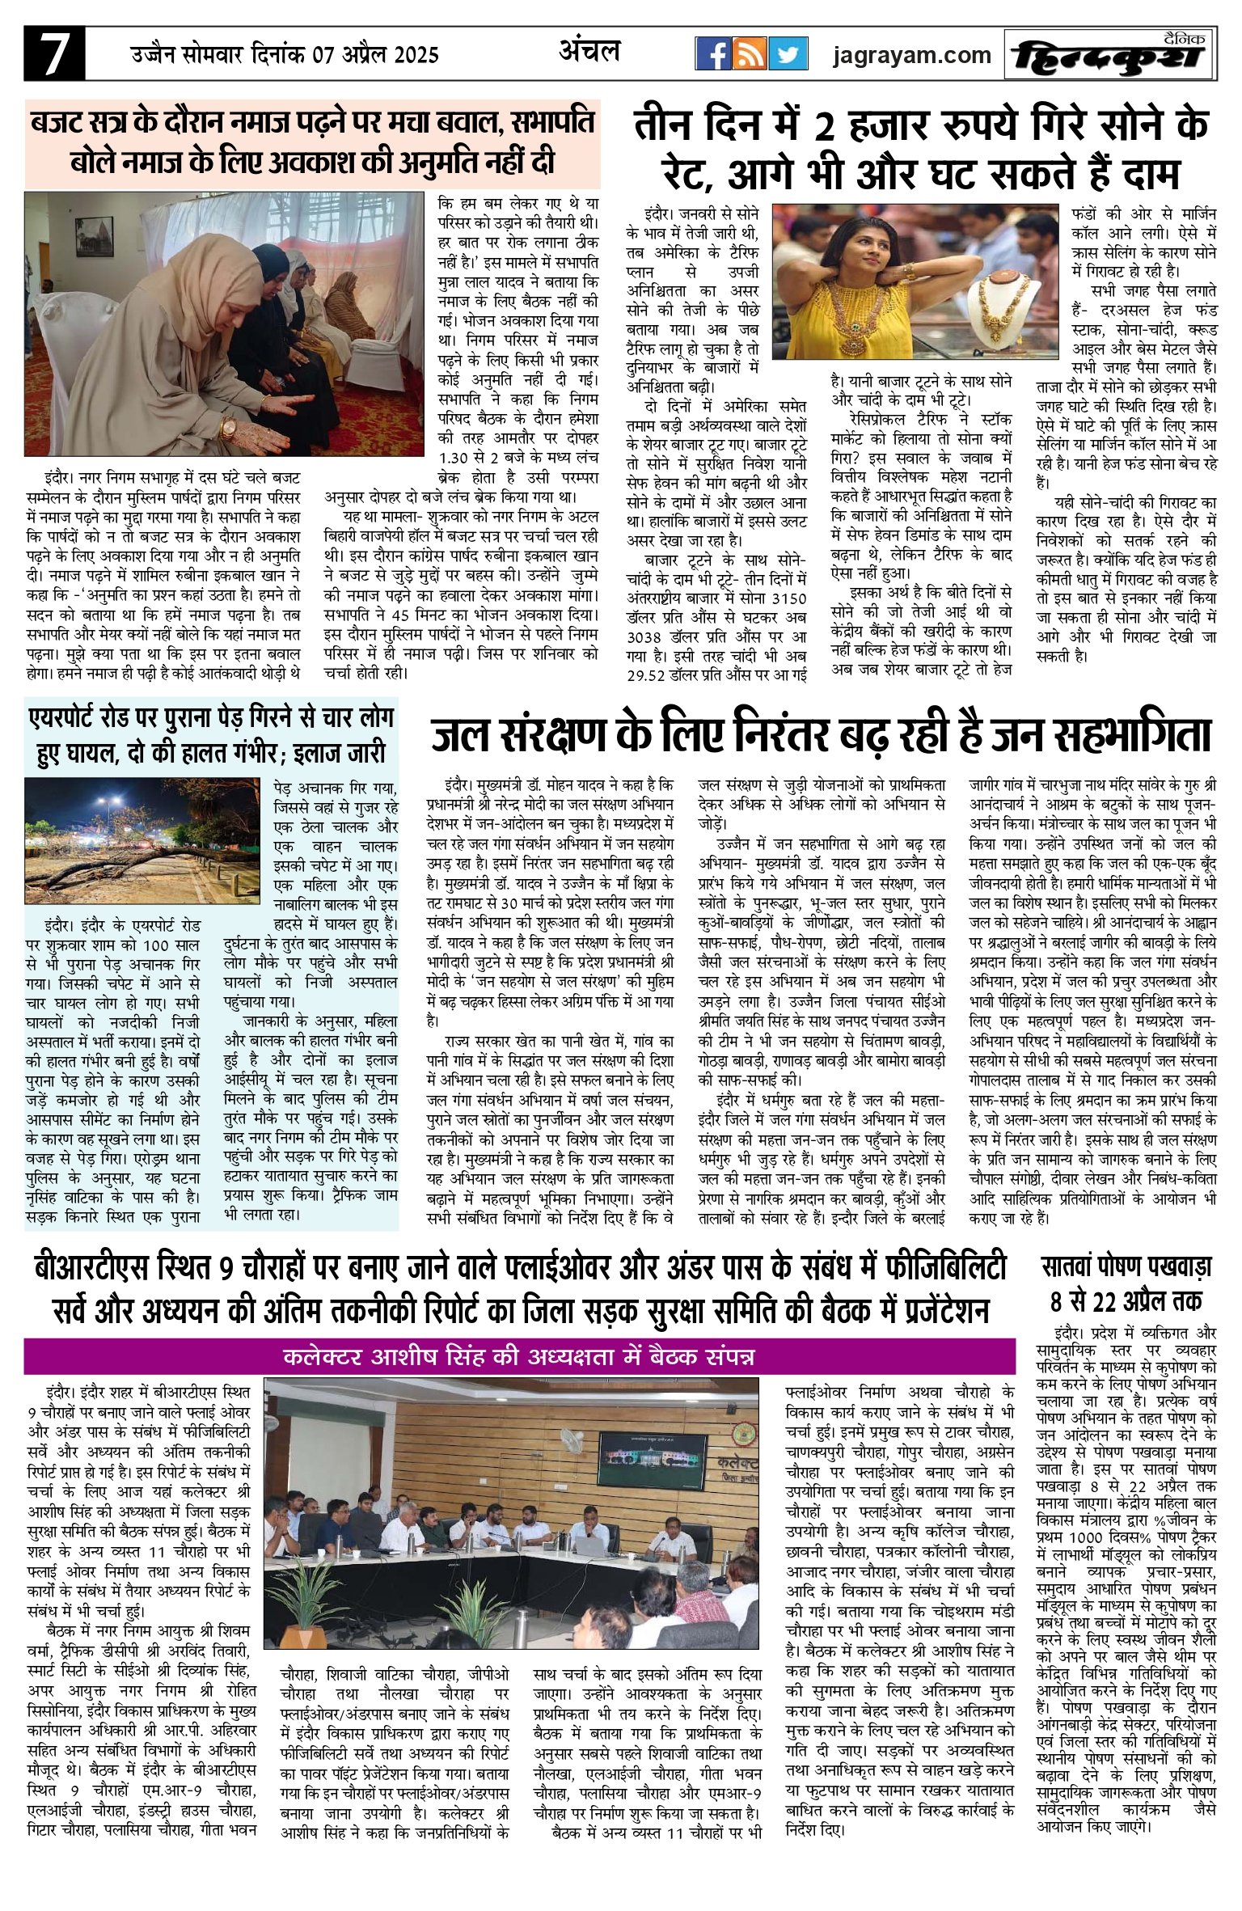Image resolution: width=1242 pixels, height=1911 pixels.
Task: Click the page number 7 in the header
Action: point(53,55)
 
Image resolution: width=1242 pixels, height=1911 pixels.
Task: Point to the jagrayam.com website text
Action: point(912,55)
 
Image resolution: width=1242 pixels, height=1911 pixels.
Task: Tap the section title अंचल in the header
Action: point(589,52)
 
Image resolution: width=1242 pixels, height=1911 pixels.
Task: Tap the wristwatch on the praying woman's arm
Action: point(230,426)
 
